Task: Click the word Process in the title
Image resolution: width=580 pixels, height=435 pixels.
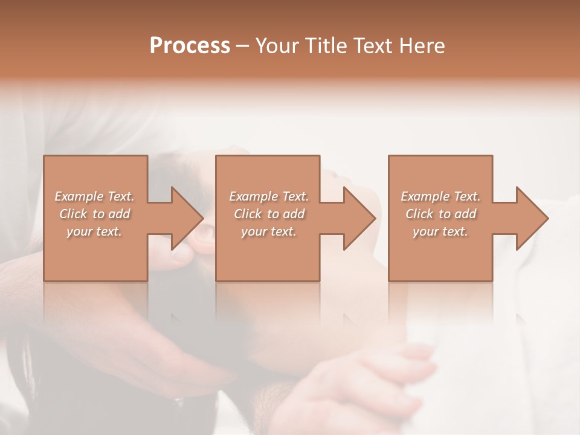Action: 190,46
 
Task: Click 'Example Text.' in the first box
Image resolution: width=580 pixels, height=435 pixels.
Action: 94,196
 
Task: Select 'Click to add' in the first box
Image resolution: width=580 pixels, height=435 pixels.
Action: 94,214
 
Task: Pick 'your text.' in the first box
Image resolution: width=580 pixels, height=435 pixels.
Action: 94,231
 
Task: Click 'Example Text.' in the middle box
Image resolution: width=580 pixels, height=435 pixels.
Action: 269,196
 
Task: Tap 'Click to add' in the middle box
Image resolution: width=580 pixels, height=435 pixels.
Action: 269,214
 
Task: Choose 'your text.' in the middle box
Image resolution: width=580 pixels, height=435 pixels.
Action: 269,231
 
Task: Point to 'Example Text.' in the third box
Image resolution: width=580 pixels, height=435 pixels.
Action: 440,196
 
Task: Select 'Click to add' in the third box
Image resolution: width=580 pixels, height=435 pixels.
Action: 440,214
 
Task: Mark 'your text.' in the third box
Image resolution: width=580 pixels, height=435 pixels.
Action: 440,231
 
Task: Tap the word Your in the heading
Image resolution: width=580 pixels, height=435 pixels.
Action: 277,46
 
